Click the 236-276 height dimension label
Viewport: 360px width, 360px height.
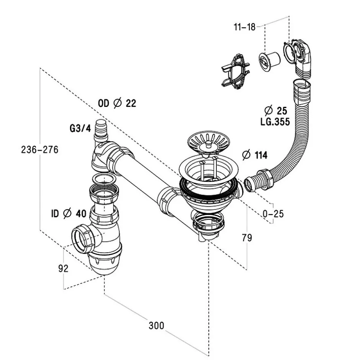(x=39, y=150)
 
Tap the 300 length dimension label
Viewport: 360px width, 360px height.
(x=156, y=326)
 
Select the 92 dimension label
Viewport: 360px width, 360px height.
(x=64, y=268)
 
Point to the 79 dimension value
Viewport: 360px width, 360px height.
(x=247, y=238)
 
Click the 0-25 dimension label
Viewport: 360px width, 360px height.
(x=273, y=214)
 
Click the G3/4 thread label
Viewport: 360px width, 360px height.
(x=80, y=129)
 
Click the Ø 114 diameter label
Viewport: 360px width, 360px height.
(x=255, y=155)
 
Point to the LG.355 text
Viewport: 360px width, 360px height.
(x=275, y=121)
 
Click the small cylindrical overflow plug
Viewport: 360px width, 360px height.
(x=269, y=61)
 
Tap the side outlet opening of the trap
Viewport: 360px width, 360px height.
(x=81, y=240)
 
